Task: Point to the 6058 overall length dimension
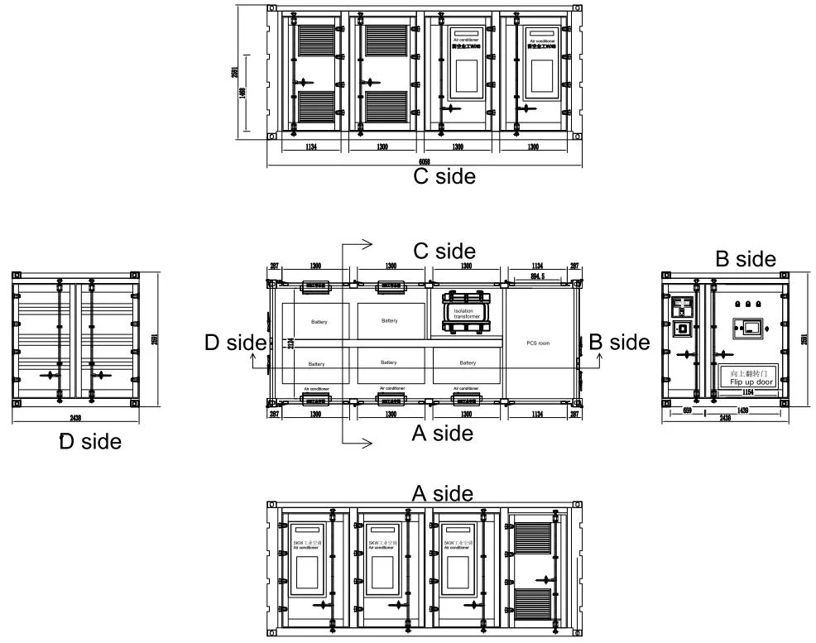tap(424, 161)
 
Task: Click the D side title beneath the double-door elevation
tap(90, 442)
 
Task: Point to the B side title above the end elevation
tap(746, 259)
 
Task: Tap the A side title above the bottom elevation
tap(443, 494)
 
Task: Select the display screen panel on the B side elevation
tap(745, 330)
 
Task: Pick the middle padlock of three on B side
tap(748, 304)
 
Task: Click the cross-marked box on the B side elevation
tap(684, 329)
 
